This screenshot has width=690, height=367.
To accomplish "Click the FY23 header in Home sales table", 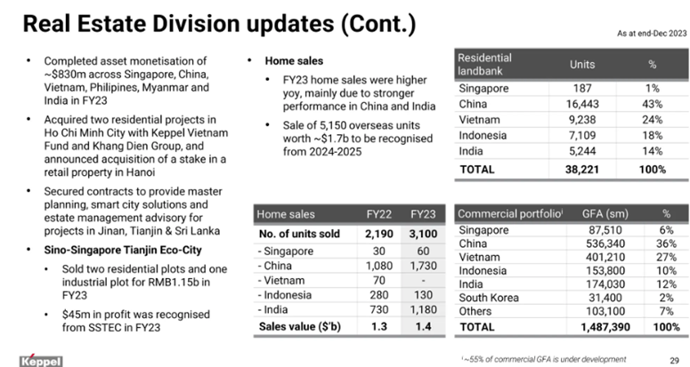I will (423, 214).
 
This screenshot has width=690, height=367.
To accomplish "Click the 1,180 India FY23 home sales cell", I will (422, 310).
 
